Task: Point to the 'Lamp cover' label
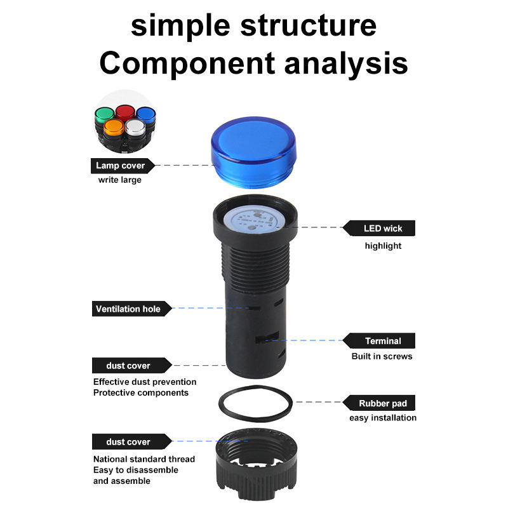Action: (121, 166)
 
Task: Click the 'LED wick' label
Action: (383, 229)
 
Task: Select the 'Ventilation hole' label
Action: (127, 309)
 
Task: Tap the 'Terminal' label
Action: (383, 341)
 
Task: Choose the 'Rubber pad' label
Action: (383, 403)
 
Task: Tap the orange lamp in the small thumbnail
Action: (114, 128)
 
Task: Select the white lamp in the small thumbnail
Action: (135, 127)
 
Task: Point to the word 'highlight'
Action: (383, 246)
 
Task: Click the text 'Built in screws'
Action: (382, 356)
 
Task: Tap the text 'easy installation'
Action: (383, 418)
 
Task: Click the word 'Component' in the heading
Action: (185, 63)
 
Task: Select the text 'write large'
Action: (119, 180)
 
